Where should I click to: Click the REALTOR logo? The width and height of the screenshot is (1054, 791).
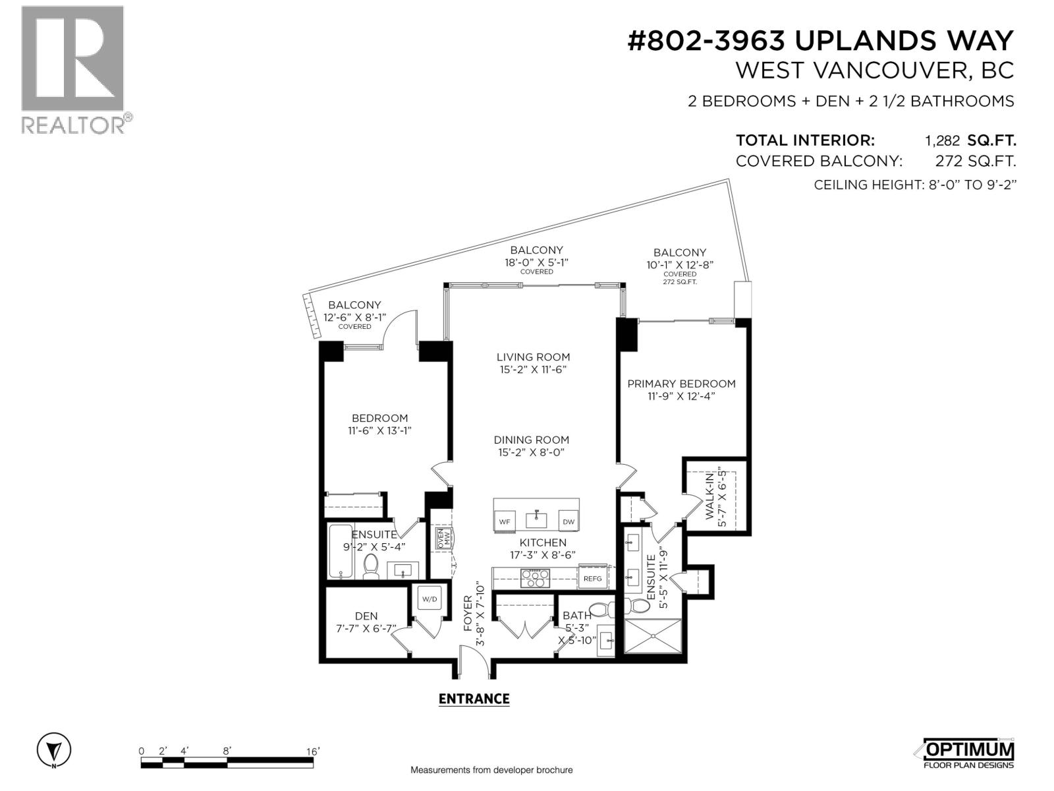click(72, 69)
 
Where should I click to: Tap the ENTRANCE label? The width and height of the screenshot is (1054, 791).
click(474, 699)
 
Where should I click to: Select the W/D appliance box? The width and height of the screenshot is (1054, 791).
click(430, 600)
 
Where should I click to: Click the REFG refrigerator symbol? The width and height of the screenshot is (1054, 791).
click(592, 578)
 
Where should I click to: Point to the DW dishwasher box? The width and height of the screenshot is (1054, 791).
click(568, 521)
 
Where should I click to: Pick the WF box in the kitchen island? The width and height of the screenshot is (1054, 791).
click(505, 521)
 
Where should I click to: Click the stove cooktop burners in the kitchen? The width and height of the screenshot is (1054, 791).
click(535, 578)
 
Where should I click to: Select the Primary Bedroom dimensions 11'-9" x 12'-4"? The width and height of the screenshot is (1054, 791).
click(680, 396)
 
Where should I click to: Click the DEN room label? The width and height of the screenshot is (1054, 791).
click(366, 616)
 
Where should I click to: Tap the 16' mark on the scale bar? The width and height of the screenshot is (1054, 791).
click(312, 751)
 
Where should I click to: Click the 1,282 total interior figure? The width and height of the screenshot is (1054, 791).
click(943, 140)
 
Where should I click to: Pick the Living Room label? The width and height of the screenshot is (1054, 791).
click(533, 357)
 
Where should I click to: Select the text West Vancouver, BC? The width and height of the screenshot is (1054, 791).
click(874, 71)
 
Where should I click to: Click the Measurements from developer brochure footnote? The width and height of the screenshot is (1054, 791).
click(491, 770)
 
